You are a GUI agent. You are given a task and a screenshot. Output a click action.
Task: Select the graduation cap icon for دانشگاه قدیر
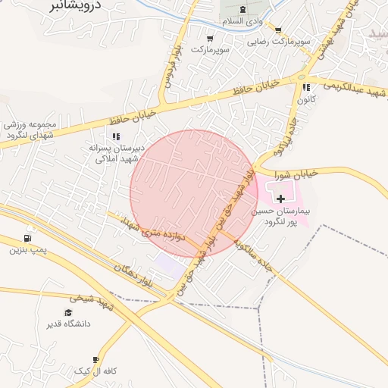(x=69, y=312)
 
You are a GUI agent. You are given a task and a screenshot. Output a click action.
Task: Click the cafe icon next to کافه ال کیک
(x=95, y=360)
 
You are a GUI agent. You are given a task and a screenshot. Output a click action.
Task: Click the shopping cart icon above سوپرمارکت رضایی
(x=277, y=31)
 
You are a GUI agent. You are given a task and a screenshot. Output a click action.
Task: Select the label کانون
(x=305, y=99)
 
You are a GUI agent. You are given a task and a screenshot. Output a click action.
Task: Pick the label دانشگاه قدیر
(x=69, y=324)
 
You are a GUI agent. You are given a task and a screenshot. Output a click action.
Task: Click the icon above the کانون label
(x=306, y=87)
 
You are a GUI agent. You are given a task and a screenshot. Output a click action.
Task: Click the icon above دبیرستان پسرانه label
(x=116, y=136)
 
